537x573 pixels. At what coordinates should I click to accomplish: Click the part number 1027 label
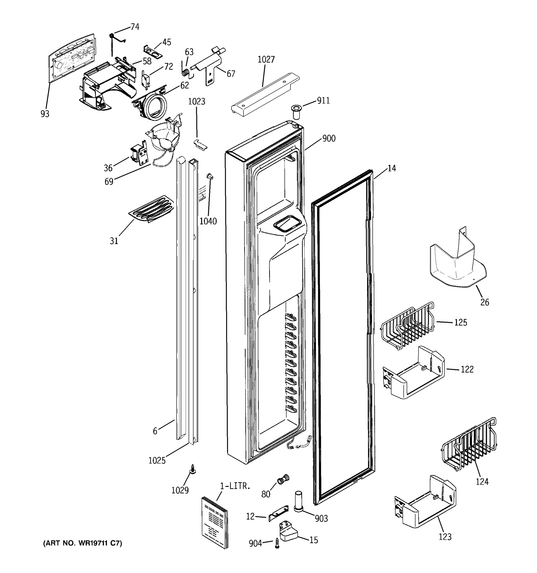tap(266, 60)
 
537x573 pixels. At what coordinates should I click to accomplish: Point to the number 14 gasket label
tap(391, 168)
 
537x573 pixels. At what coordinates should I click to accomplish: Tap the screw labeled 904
tap(277, 543)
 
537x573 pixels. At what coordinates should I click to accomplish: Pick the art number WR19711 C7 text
tap(83, 543)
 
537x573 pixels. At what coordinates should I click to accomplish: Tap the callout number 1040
tap(208, 221)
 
